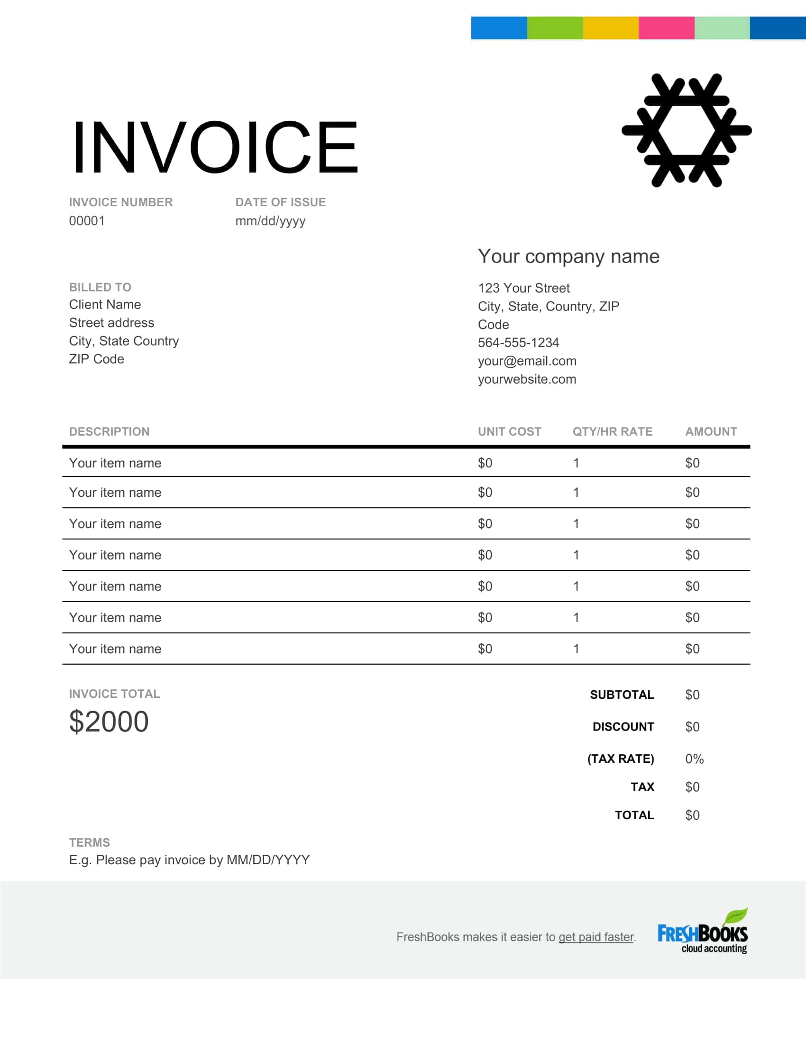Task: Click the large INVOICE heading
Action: (x=214, y=146)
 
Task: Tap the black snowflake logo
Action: (x=686, y=130)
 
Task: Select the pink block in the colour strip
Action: (x=666, y=27)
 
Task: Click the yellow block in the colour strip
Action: (x=610, y=27)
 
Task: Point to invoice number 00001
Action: (x=86, y=220)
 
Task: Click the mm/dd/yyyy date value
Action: (x=270, y=220)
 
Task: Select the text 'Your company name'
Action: (x=568, y=256)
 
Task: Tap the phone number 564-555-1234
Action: (x=518, y=342)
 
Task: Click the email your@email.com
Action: (x=527, y=361)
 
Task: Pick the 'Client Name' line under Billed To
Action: (x=105, y=304)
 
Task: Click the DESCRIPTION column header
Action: (x=109, y=431)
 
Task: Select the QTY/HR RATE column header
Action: (x=612, y=431)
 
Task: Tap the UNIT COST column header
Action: (x=509, y=431)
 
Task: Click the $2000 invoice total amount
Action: (x=109, y=721)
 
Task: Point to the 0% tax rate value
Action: (x=694, y=759)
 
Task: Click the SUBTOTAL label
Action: (x=622, y=695)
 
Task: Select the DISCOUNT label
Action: (x=623, y=726)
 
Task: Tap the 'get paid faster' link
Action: (x=596, y=937)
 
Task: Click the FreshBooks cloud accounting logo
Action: (x=702, y=932)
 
